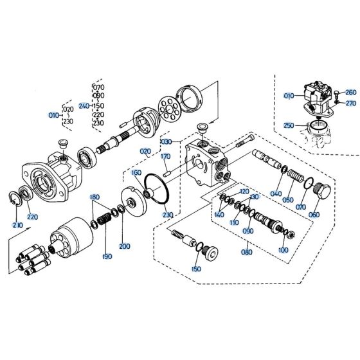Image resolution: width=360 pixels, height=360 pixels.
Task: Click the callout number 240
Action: coord(83,106)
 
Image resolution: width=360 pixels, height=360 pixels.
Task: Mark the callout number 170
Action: coord(165,156)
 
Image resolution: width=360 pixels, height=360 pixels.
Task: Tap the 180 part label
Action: coord(94,197)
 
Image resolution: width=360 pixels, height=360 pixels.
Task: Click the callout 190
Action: coord(107,256)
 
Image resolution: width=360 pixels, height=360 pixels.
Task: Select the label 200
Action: coord(125,246)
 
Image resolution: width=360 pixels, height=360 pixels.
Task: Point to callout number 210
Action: coord(17,226)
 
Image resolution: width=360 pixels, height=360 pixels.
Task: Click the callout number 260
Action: coord(350,92)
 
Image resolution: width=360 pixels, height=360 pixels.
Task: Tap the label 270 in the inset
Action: coord(350,103)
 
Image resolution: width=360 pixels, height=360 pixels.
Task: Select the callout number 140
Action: coord(220,215)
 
